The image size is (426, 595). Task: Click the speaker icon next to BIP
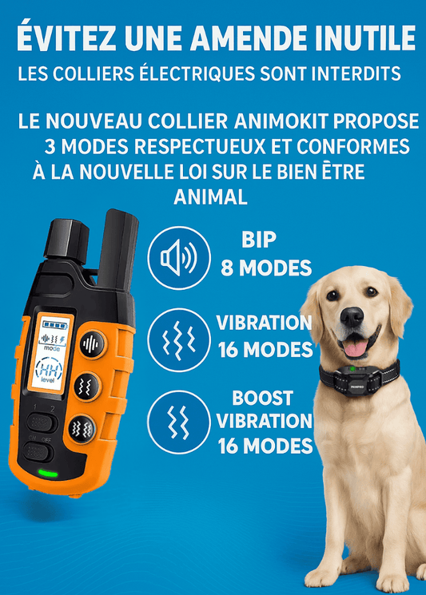tap(179, 259)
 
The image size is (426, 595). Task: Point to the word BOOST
tap(262, 398)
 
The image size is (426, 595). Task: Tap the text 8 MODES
tap(266, 268)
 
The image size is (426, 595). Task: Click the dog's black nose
tap(352, 315)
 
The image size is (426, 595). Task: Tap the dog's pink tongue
tap(356, 348)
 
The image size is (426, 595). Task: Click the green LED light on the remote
tap(48, 474)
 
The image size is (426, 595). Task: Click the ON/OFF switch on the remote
tap(38, 452)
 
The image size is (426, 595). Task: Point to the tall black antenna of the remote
tap(117, 250)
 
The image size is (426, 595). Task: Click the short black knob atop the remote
tap(67, 240)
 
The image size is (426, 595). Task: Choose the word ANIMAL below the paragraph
tap(210, 197)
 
